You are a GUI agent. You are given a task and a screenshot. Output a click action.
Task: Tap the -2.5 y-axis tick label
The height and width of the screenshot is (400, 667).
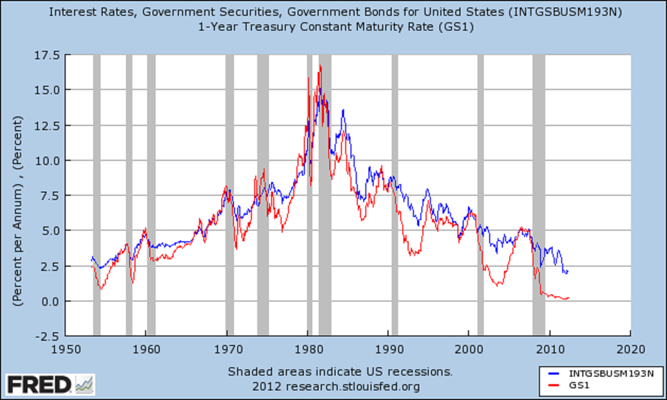[x=48, y=336]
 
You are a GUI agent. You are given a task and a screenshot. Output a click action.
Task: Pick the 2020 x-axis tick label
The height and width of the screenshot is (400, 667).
[x=630, y=349]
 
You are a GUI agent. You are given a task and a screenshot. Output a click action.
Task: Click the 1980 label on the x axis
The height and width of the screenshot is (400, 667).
[x=308, y=349]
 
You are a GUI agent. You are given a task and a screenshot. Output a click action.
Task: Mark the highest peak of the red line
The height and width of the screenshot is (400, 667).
[x=320, y=66]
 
